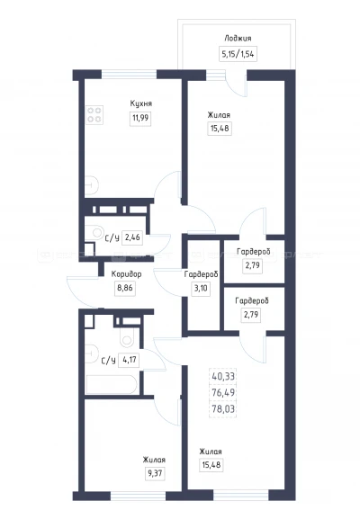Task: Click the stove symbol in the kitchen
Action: (94, 115)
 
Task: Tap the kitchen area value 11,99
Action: (140, 118)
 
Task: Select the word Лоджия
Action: (238, 39)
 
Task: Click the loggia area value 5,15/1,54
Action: (238, 54)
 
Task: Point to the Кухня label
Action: (141, 103)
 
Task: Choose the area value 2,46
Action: (132, 237)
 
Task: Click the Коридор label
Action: (126, 274)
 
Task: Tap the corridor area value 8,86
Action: (125, 288)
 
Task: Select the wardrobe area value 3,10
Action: (201, 288)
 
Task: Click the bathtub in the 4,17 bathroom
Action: (112, 385)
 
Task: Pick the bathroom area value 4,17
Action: (130, 360)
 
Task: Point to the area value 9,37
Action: (155, 473)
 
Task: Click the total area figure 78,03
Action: (223, 409)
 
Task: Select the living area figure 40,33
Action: (223, 377)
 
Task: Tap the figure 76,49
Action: (223, 392)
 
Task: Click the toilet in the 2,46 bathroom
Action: (96, 233)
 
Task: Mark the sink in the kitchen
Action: (92, 185)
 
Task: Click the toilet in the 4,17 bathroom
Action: (127, 338)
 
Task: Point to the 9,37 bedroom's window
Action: (139, 496)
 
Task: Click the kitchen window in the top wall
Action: (130, 75)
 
